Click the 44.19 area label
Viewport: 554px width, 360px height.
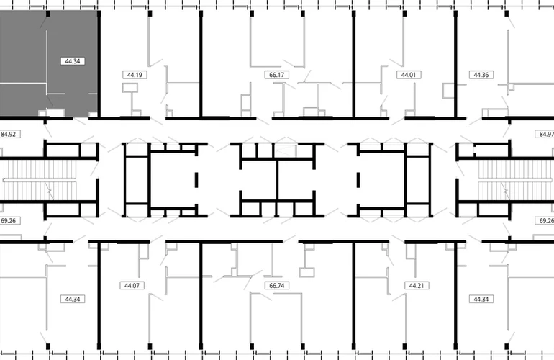point(135,75)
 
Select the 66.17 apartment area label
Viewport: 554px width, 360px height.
point(277,75)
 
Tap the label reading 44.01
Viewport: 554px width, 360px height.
point(409,75)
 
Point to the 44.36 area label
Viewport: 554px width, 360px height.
point(481,75)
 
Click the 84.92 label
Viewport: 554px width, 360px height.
point(9,135)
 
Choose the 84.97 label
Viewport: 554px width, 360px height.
point(545,135)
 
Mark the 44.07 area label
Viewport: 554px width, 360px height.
point(132,285)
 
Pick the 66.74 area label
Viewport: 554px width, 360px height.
point(277,285)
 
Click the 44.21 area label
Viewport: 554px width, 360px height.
point(417,285)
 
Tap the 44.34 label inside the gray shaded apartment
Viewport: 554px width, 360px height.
point(73,61)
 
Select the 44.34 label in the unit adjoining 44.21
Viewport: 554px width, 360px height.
point(481,300)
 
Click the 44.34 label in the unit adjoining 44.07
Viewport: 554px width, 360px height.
point(73,300)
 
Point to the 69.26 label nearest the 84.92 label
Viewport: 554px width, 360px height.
point(9,221)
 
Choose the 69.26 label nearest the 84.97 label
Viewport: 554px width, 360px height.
point(545,221)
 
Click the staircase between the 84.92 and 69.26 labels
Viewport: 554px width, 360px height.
point(39,180)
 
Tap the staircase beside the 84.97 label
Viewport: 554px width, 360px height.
point(515,180)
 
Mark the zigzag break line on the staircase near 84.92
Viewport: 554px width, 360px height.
point(48,192)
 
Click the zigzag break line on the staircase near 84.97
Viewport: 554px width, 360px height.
point(505,192)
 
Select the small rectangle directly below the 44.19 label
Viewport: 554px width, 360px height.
point(130,88)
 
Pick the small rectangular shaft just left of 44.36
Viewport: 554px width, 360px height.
point(448,91)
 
